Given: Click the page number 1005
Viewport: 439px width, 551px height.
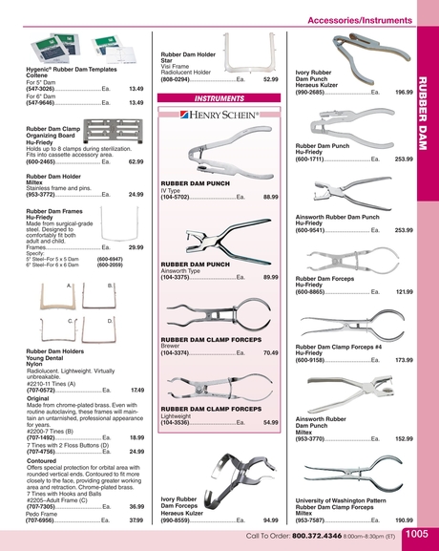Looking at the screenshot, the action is point(416,536).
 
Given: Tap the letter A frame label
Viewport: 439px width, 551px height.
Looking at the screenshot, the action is point(70,285).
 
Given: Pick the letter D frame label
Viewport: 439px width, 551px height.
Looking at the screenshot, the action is point(110,321).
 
